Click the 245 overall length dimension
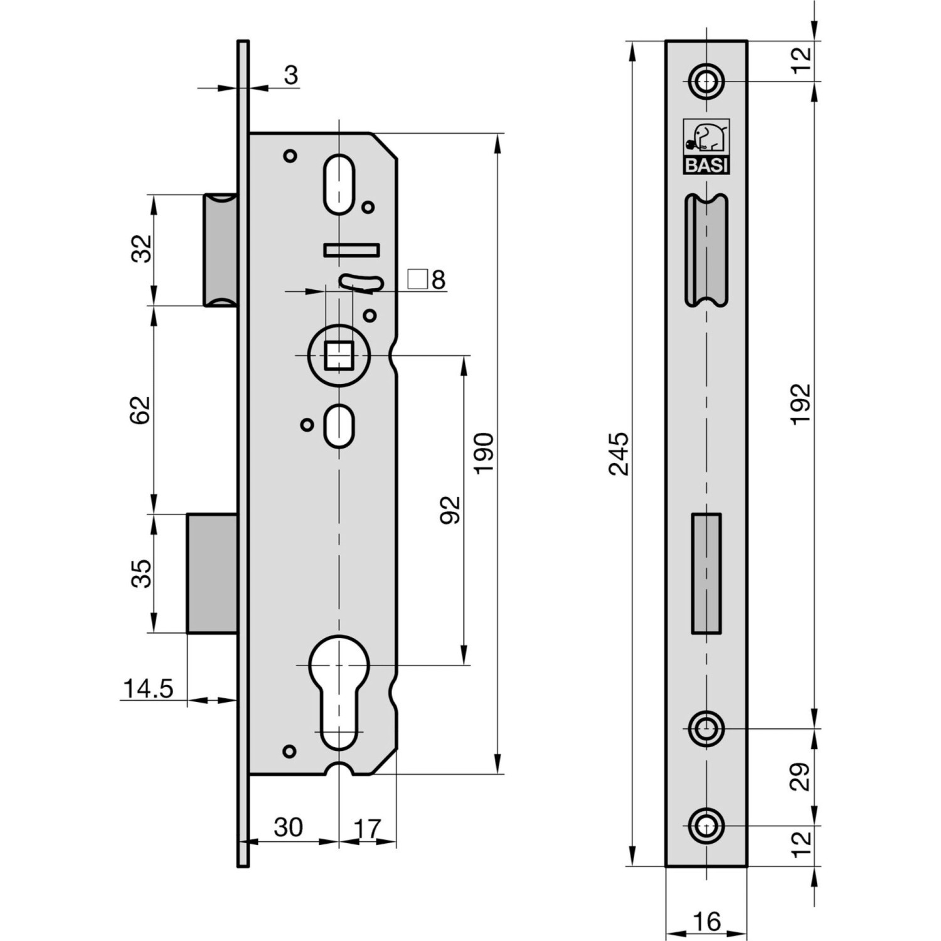coord(619,453)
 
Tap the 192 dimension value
coord(801,404)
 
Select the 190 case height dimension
coord(484,453)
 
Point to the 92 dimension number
coord(450,509)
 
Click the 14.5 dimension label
coord(147,689)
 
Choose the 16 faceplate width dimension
coord(706,922)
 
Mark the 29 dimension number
coord(801,776)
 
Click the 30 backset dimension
coord(288,827)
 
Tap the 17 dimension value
coord(368,829)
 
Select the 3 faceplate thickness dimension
coord(290,75)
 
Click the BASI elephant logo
coord(706,146)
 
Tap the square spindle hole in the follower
coord(339,355)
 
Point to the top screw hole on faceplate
coord(706,81)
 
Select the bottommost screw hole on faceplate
coord(706,826)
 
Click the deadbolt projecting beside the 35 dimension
coord(212,573)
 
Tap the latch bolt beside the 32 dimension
coord(220,250)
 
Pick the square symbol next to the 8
coord(417,279)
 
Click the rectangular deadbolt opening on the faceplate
coord(706,573)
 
